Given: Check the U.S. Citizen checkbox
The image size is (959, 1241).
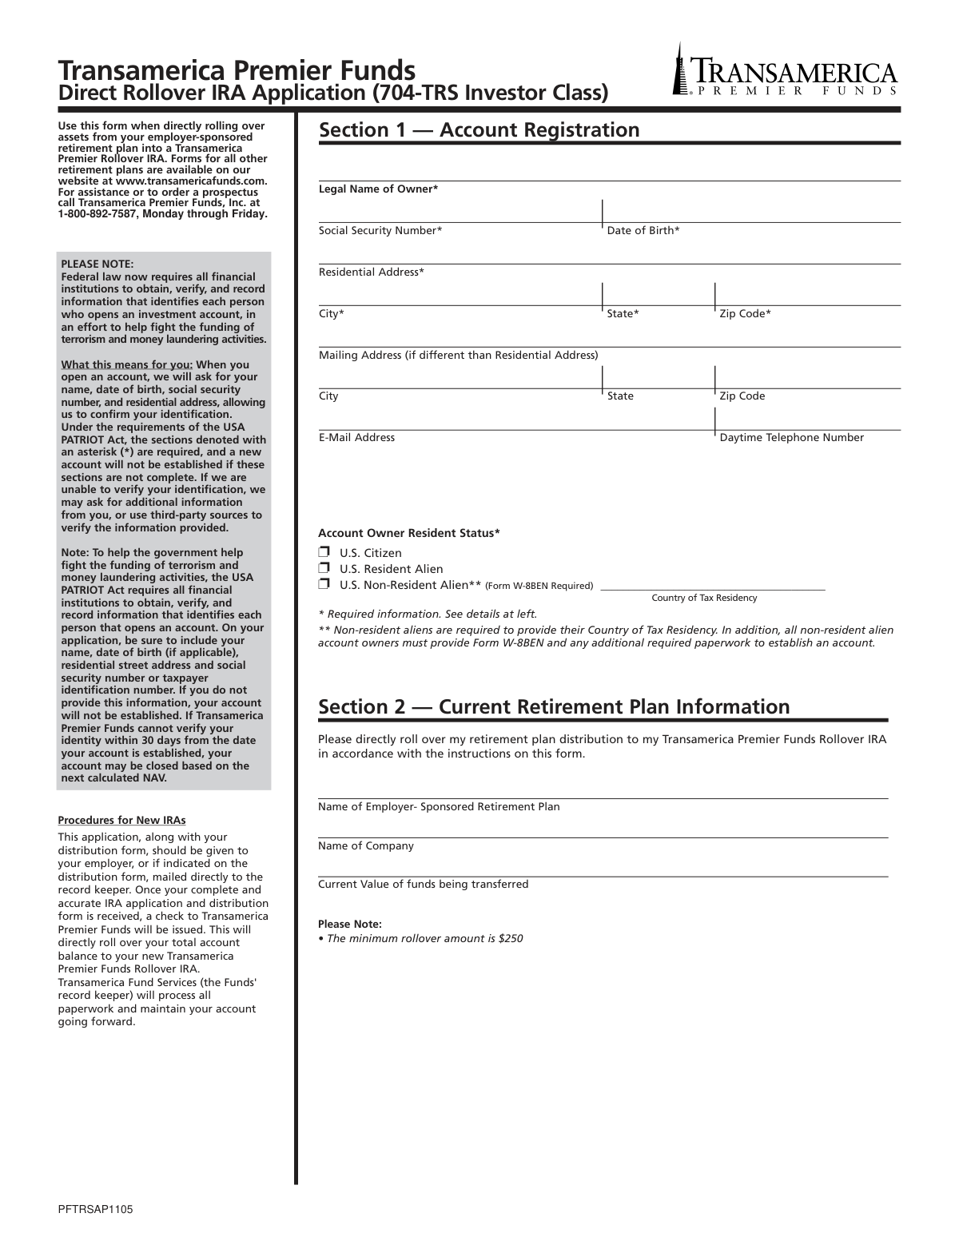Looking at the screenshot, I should [324, 552].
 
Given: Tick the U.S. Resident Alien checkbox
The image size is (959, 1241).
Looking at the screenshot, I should [324, 568].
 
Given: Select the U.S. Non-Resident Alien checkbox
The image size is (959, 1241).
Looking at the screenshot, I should [324, 584].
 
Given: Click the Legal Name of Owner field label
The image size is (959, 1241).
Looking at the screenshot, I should [378, 189].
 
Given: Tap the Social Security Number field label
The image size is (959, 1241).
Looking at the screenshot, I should [380, 230].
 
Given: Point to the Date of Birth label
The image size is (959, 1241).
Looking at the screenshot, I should [643, 230].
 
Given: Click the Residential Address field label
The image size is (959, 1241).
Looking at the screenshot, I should [372, 272].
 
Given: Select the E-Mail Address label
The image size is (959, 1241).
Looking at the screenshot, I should [356, 437].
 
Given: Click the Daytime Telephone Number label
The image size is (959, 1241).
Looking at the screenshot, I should [791, 437].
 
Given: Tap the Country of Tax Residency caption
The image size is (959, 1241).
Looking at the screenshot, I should [704, 598].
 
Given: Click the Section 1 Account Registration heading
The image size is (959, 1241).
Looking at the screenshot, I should [479, 130].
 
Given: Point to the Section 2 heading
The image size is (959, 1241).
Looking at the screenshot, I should [554, 706].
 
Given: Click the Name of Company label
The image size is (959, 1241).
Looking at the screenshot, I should [366, 845].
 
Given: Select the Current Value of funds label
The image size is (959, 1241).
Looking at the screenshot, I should [423, 884].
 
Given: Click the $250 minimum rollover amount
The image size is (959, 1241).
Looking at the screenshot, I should [510, 938].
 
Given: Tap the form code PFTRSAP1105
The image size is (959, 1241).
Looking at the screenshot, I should [95, 1210].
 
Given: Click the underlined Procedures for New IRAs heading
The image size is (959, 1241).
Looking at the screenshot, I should [121, 820].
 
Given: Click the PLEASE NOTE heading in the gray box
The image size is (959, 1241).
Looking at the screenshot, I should [97, 264].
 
